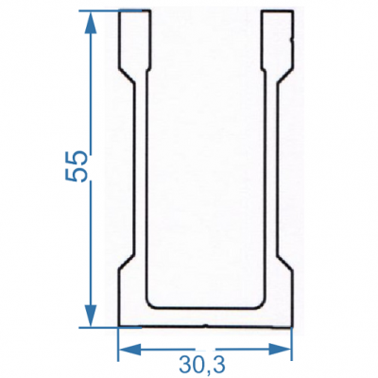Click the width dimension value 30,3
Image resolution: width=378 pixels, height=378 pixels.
[202, 365]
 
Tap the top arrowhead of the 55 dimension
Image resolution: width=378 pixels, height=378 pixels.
[91, 23]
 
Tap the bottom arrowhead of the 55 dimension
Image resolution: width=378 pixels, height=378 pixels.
[91, 316]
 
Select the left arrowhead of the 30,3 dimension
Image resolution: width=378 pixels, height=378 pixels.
[130, 349]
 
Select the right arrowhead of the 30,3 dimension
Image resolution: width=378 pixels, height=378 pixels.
[280, 349]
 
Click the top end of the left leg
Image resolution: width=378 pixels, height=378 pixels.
[135, 11]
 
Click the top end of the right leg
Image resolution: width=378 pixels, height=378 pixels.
[278, 11]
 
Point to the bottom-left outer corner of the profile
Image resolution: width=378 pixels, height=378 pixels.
[118, 326]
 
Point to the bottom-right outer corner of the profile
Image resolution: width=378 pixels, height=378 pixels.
[291, 327]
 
